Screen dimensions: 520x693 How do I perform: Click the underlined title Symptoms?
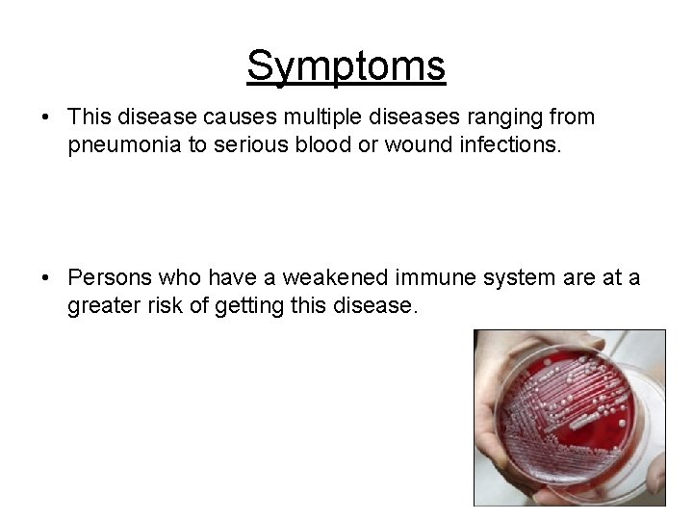(346, 66)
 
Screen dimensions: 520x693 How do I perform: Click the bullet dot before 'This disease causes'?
(46, 118)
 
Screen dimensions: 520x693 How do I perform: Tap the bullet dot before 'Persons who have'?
(46, 278)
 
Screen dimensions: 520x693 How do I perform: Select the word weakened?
(319, 277)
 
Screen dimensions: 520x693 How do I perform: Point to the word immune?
(423, 277)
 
